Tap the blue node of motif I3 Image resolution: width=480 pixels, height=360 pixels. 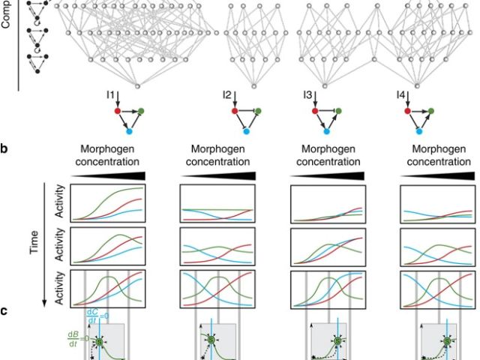pyautogui.click(x=331, y=130)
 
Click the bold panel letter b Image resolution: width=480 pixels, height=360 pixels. pyautogui.click(x=4, y=148)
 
